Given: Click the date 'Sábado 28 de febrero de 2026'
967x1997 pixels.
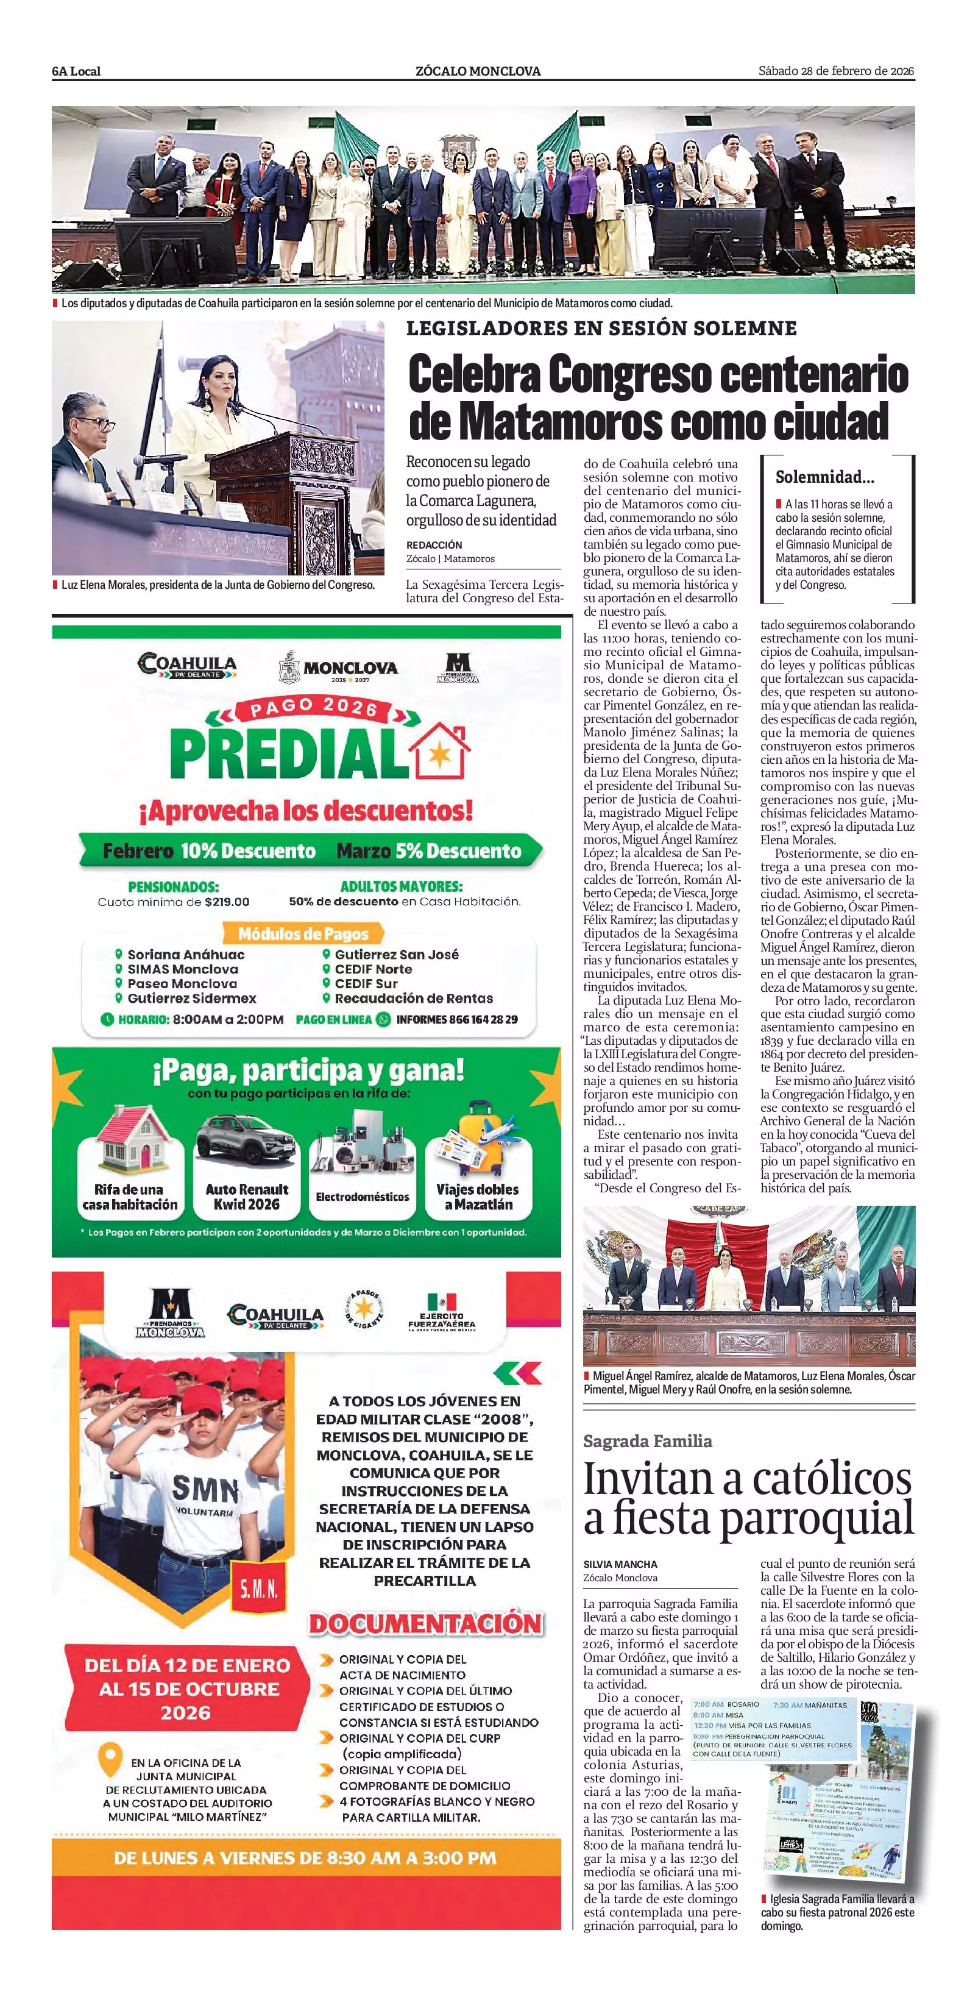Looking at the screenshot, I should click(836, 71).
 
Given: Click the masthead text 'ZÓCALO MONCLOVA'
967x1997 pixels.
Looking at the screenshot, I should click(478, 71).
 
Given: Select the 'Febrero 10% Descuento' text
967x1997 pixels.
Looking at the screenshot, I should click(209, 851).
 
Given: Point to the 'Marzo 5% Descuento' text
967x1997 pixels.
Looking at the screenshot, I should click(428, 851).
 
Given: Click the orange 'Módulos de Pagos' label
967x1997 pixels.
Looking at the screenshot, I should click(303, 933).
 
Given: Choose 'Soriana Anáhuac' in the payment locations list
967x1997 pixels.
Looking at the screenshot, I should click(186, 955).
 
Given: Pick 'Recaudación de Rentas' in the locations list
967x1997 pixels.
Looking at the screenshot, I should click(413, 999).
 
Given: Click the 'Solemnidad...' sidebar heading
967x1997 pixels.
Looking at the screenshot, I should click(824, 477).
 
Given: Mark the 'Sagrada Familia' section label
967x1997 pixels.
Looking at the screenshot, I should click(647, 1441).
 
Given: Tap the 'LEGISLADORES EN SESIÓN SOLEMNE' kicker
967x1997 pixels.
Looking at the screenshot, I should click(601, 329).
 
